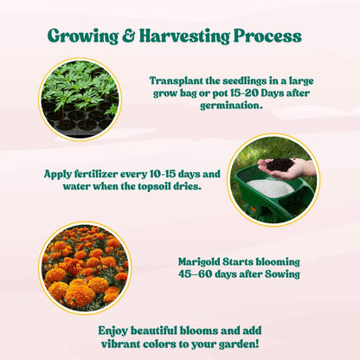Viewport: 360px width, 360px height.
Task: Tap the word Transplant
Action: point(178,79)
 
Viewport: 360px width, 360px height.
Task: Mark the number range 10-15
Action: point(161,173)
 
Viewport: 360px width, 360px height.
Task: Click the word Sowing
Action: point(280,273)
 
